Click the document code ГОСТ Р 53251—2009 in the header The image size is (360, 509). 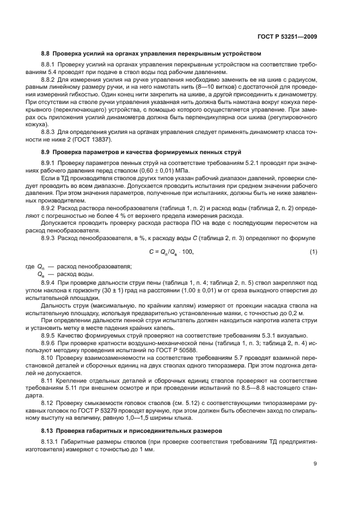pos(288,36)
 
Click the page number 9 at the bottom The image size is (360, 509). pos(315,464)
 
